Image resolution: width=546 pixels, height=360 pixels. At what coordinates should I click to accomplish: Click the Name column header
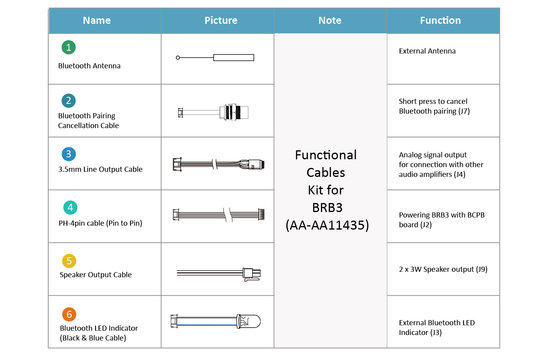point(97,20)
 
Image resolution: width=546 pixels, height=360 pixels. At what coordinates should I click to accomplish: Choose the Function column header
point(440,20)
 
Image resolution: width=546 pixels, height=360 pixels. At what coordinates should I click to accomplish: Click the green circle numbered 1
point(67,47)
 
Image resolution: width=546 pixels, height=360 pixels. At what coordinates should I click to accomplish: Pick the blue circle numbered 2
point(67,100)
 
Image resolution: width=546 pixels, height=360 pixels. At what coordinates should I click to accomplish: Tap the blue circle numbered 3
point(67,153)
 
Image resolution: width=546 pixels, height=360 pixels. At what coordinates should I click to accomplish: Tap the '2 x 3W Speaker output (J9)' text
point(442,268)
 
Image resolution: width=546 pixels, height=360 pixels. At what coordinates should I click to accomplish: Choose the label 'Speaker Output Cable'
point(93,275)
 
